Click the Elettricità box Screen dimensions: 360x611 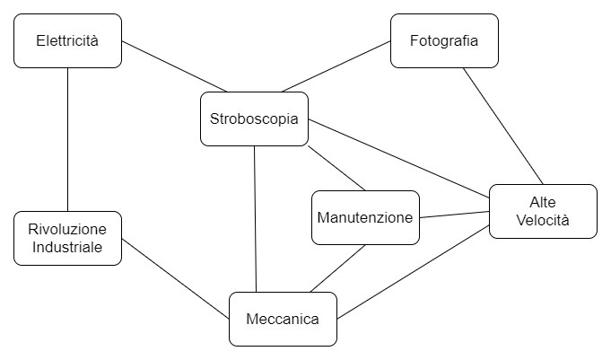point(68,40)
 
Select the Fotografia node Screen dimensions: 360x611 point(444,40)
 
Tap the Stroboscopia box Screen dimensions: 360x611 point(254,119)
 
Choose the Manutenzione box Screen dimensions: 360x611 point(365,217)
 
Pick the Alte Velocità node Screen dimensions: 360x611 point(543,211)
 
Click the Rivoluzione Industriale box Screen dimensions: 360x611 point(68,238)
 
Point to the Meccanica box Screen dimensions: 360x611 point(283,319)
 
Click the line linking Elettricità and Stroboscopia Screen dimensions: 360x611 point(175,67)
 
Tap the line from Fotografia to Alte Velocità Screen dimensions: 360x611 point(502,126)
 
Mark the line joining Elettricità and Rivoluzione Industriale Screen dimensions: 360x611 point(68,139)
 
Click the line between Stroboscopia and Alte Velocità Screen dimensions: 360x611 point(399,158)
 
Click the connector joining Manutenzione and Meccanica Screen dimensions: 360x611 point(338,268)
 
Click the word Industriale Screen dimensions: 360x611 point(68,247)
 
